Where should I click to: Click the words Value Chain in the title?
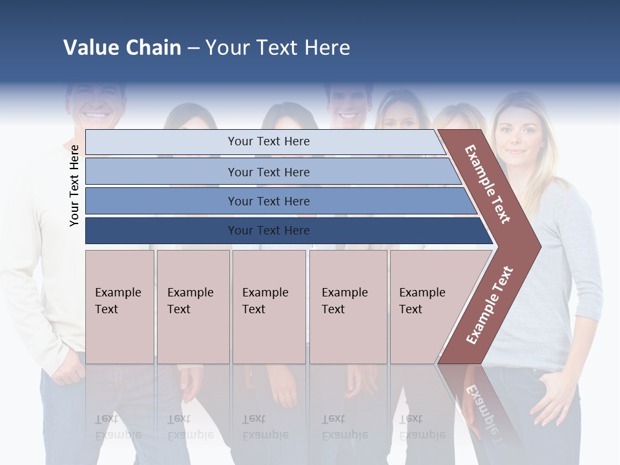(122, 48)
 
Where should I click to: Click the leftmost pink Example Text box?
(119, 307)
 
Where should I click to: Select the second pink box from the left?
(193, 307)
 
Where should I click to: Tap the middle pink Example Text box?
(269, 307)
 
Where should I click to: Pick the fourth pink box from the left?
(348, 307)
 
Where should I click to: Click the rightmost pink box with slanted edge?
(429, 307)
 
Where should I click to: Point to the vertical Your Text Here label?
(74, 185)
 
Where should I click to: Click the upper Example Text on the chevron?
(488, 184)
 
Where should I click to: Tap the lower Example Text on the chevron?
(490, 305)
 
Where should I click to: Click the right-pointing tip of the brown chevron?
(537, 246)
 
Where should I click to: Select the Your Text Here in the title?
(278, 48)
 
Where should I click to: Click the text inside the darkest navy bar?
(269, 231)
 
